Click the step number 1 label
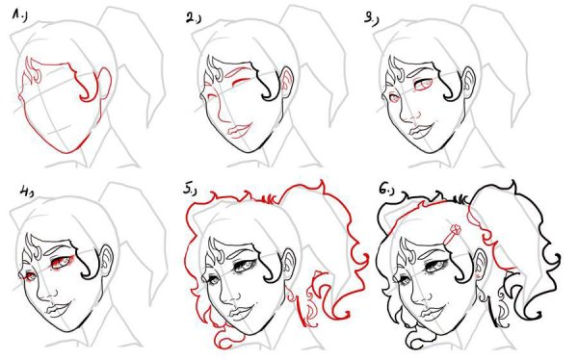pos(19,15)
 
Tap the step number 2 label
pos(193,18)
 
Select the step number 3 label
pos(371,18)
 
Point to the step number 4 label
pos(27,192)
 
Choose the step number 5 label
pos(189,190)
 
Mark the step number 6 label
pos(386,189)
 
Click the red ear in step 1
pos(105,83)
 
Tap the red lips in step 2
pos(237,131)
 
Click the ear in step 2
pos(286,82)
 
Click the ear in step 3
pos(467,83)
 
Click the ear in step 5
pos(288,265)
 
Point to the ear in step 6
pos(481,265)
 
